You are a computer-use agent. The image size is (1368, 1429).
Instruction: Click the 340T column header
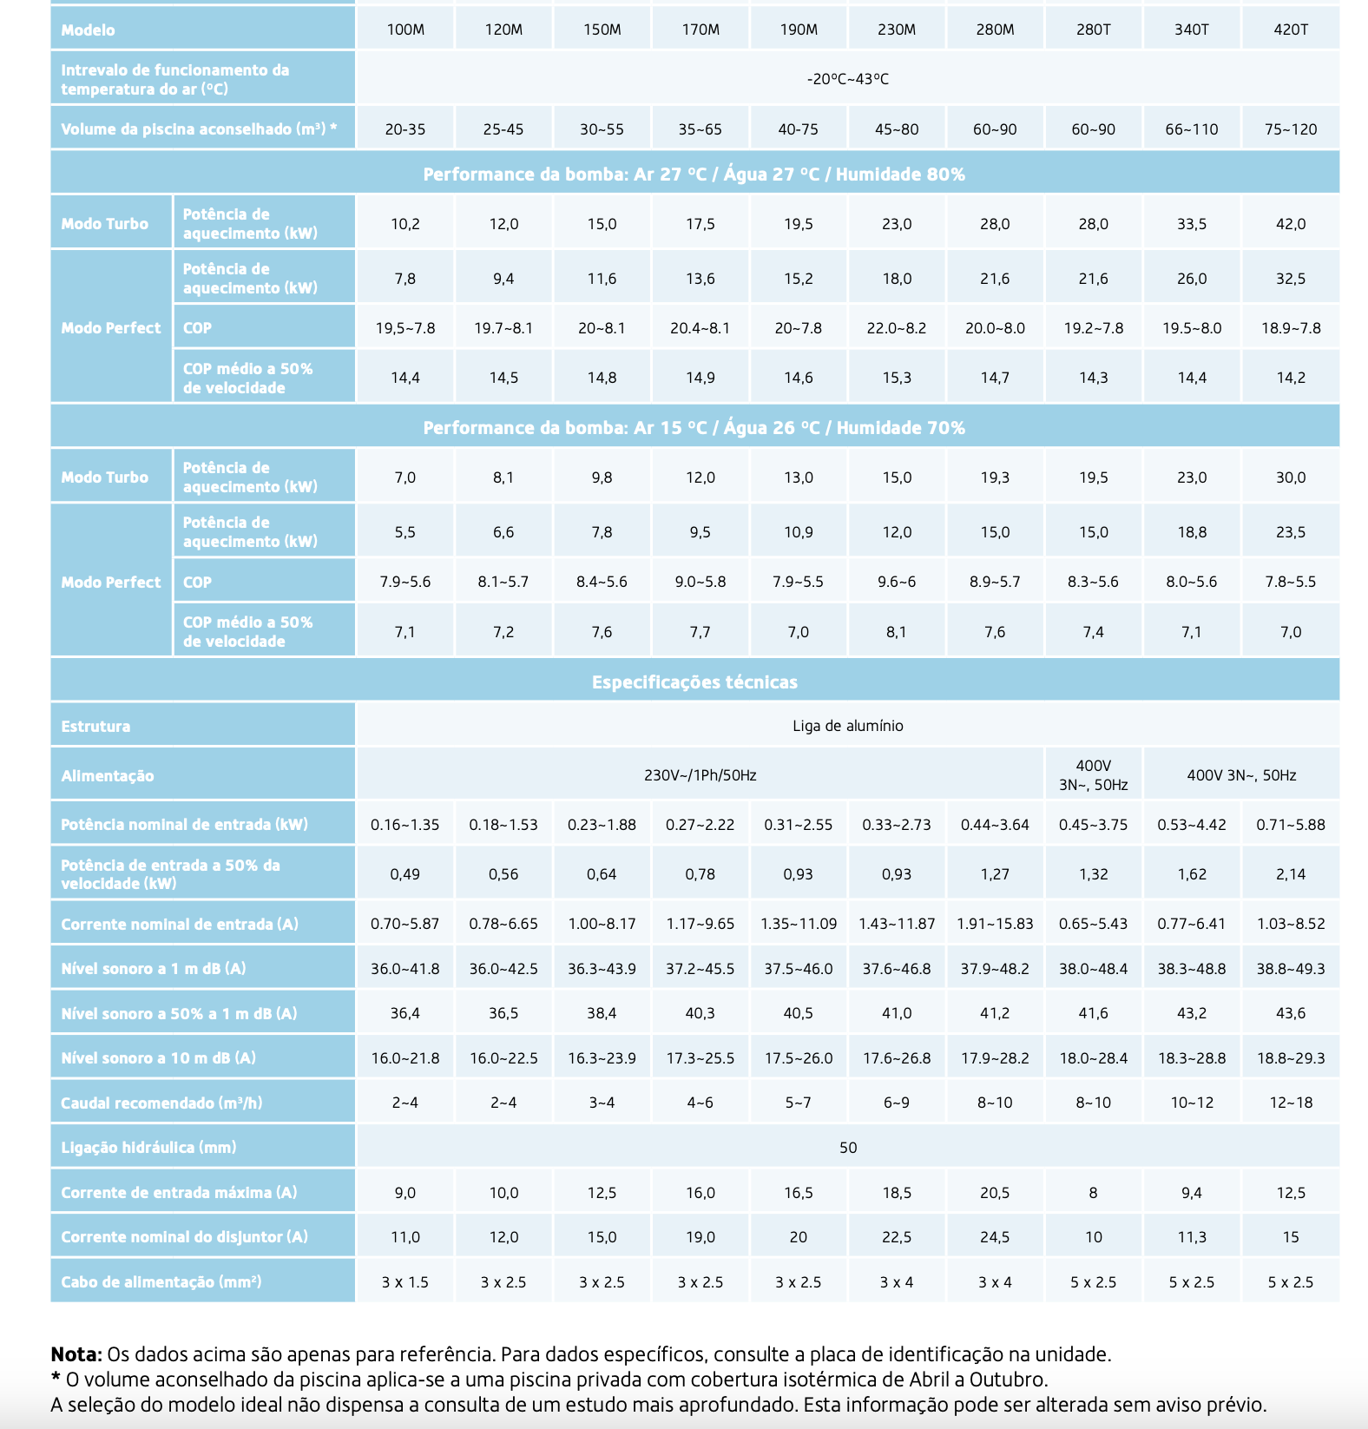[1192, 30]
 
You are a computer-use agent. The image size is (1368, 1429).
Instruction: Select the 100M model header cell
[405, 30]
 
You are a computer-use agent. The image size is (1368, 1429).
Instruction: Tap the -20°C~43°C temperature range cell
[848, 79]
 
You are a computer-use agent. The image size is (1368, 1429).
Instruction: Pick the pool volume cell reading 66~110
[1192, 129]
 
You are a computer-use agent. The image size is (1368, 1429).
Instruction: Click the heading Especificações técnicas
[694, 682]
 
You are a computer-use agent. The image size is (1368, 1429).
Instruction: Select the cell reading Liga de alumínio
[848, 726]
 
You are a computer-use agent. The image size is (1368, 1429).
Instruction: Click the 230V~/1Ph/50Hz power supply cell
[700, 775]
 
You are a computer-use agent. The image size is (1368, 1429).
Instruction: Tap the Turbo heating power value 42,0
[1291, 224]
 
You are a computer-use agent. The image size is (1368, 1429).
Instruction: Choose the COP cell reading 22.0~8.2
[897, 328]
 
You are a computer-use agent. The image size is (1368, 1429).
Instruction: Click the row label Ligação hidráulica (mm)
[148, 1148]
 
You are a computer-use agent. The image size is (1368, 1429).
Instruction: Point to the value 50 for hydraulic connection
[848, 1148]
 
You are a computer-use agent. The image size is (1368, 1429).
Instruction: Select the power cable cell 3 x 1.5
[405, 1282]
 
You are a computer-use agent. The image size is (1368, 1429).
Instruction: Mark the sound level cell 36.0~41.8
[405, 969]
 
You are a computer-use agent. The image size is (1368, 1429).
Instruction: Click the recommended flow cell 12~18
[1291, 1103]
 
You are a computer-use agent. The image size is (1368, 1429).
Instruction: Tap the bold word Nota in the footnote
[76, 1354]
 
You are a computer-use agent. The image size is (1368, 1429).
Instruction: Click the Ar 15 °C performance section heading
[694, 428]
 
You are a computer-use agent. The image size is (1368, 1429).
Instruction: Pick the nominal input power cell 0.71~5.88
[1291, 825]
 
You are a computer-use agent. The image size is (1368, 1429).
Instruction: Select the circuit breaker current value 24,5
[995, 1237]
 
